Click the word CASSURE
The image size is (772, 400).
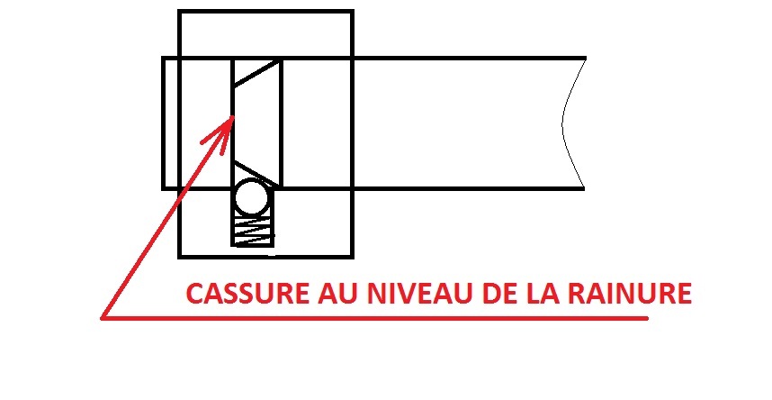point(247,294)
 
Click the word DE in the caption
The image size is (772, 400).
point(500,294)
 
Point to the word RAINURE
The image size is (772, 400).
point(630,294)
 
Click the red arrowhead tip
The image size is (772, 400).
point(233,116)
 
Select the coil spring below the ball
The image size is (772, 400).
point(253,231)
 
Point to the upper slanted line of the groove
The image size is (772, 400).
point(256,72)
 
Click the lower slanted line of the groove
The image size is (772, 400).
point(256,173)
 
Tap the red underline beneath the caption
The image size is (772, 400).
point(374,319)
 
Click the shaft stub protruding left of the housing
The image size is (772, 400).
point(170,123)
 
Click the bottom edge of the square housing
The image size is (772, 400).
point(265,256)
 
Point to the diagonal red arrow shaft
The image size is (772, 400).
point(166,217)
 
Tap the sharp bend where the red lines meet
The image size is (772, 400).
point(102,319)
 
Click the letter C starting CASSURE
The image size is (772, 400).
point(194,294)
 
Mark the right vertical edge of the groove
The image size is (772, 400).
point(281,123)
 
